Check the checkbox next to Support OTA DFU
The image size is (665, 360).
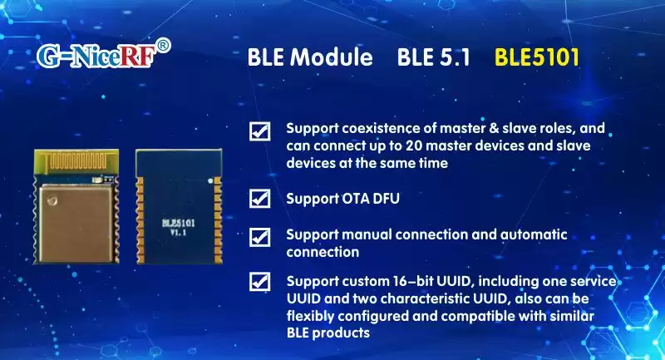click(x=260, y=199)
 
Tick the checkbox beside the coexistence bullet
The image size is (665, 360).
click(x=260, y=131)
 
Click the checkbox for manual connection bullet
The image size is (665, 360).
click(x=260, y=236)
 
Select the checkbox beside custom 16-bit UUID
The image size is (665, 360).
click(x=260, y=282)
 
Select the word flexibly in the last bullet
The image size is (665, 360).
click(x=312, y=316)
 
